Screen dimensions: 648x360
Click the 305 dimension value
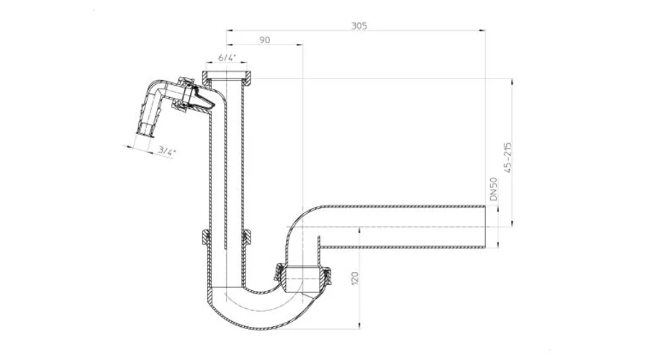coord(359,26)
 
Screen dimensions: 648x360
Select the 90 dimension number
coord(264,40)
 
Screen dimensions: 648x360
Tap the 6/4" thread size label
coord(227,58)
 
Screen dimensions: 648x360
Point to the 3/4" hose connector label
coord(166,151)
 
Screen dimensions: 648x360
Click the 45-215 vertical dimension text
coord(508,158)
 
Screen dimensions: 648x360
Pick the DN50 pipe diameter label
coord(493,189)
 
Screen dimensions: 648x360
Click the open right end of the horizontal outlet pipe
coord(485,227)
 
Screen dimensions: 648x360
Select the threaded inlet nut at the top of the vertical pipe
coord(228,76)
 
